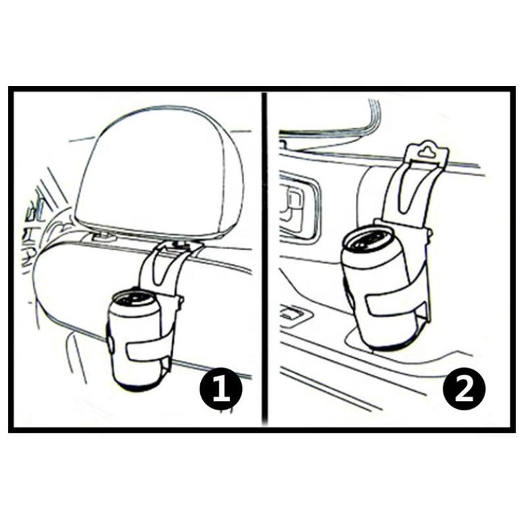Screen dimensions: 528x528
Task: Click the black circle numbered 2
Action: (x=464, y=390)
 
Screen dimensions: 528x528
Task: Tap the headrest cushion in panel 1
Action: (x=158, y=172)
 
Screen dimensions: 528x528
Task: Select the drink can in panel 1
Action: (x=135, y=340)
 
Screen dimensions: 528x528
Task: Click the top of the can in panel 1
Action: (x=135, y=301)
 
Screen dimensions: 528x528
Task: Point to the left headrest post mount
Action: (x=102, y=237)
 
